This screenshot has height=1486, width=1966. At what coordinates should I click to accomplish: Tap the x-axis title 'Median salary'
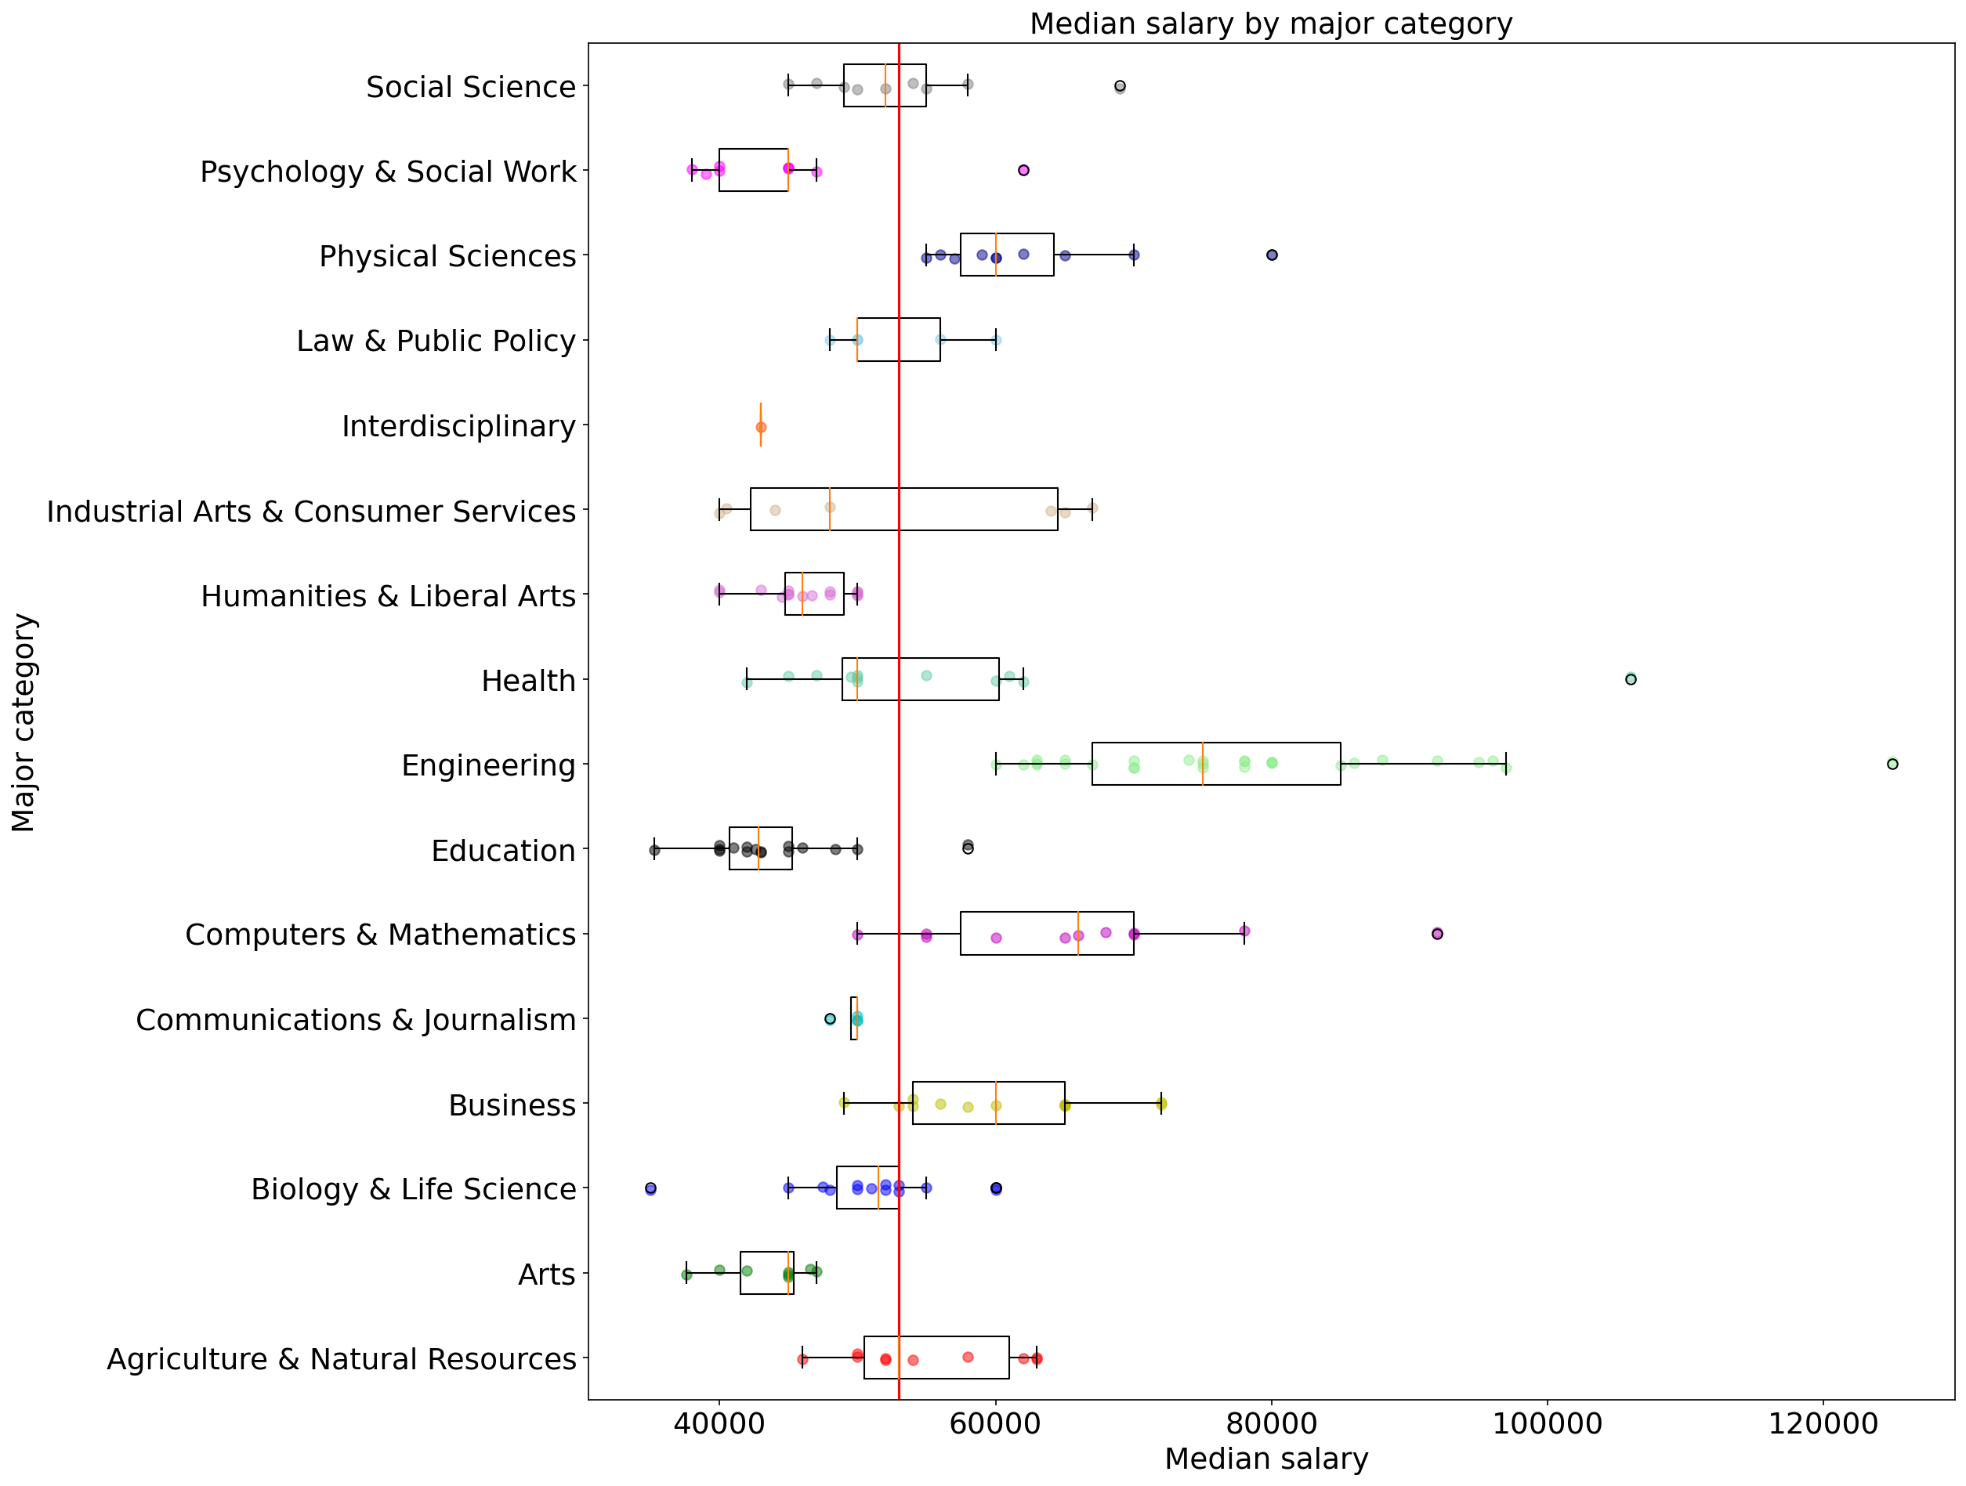pyautogui.click(x=1265, y=1459)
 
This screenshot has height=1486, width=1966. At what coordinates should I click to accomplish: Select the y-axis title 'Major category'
pyautogui.click(x=24, y=721)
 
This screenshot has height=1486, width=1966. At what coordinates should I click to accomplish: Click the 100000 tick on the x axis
pyautogui.click(x=1547, y=1422)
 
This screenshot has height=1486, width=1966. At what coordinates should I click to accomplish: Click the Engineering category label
pyautogui.click(x=488, y=765)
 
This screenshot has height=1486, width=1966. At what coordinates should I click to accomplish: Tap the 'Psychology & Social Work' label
pyautogui.click(x=388, y=172)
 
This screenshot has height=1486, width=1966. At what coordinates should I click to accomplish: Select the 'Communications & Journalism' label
pyautogui.click(x=356, y=1019)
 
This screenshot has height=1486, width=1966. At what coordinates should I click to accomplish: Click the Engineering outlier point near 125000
pyautogui.click(x=1892, y=764)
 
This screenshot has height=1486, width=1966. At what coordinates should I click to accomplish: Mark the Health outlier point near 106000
pyautogui.click(x=1630, y=679)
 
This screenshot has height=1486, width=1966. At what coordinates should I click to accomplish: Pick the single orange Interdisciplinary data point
pyautogui.click(x=761, y=428)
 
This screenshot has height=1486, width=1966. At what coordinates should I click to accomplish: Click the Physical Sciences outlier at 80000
pyautogui.click(x=1272, y=255)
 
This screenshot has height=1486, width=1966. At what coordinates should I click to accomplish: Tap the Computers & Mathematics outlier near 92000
pyautogui.click(x=1437, y=933)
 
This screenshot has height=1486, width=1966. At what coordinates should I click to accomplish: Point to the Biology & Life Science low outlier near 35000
pyautogui.click(x=650, y=1188)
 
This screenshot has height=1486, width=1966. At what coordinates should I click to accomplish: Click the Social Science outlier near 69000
pyautogui.click(x=1120, y=86)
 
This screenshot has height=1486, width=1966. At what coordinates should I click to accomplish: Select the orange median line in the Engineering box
pyautogui.click(x=1203, y=764)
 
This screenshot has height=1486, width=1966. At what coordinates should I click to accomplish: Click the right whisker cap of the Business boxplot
pyautogui.click(x=1160, y=1103)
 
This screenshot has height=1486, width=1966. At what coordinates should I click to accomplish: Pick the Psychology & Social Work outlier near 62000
pyautogui.click(x=1023, y=170)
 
